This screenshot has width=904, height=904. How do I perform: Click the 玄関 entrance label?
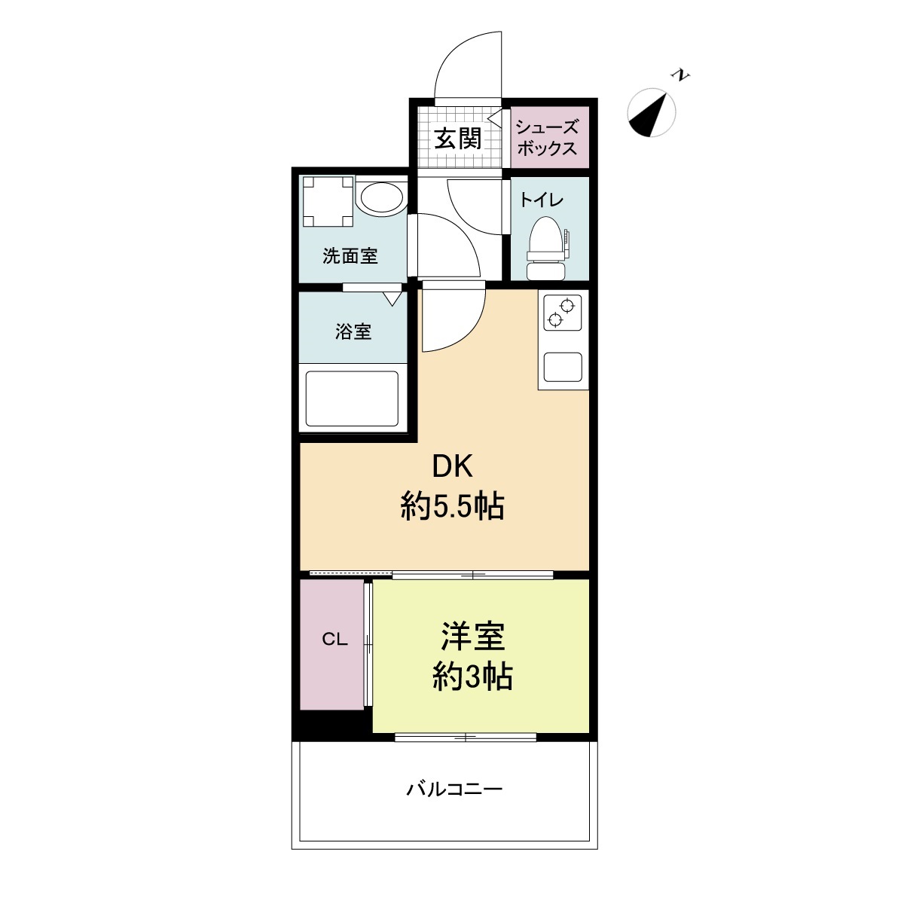pos(457,139)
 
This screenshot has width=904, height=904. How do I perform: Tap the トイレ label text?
pos(541,200)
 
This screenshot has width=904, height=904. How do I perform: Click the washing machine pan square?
pos(328,201)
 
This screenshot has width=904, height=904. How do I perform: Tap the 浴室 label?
pos(353,331)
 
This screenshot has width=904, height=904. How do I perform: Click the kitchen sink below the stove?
pos(563,368)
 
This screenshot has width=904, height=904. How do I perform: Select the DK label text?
pos(451,467)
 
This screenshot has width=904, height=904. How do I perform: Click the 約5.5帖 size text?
pos(452,508)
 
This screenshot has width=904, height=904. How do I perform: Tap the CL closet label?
pos(334,640)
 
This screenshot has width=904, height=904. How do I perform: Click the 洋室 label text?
pos(472,637)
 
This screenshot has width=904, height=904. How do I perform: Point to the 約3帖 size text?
pos(472,677)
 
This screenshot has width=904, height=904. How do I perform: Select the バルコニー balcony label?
pos(454,789)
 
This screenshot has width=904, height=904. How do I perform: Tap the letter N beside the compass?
pos(682,75)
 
